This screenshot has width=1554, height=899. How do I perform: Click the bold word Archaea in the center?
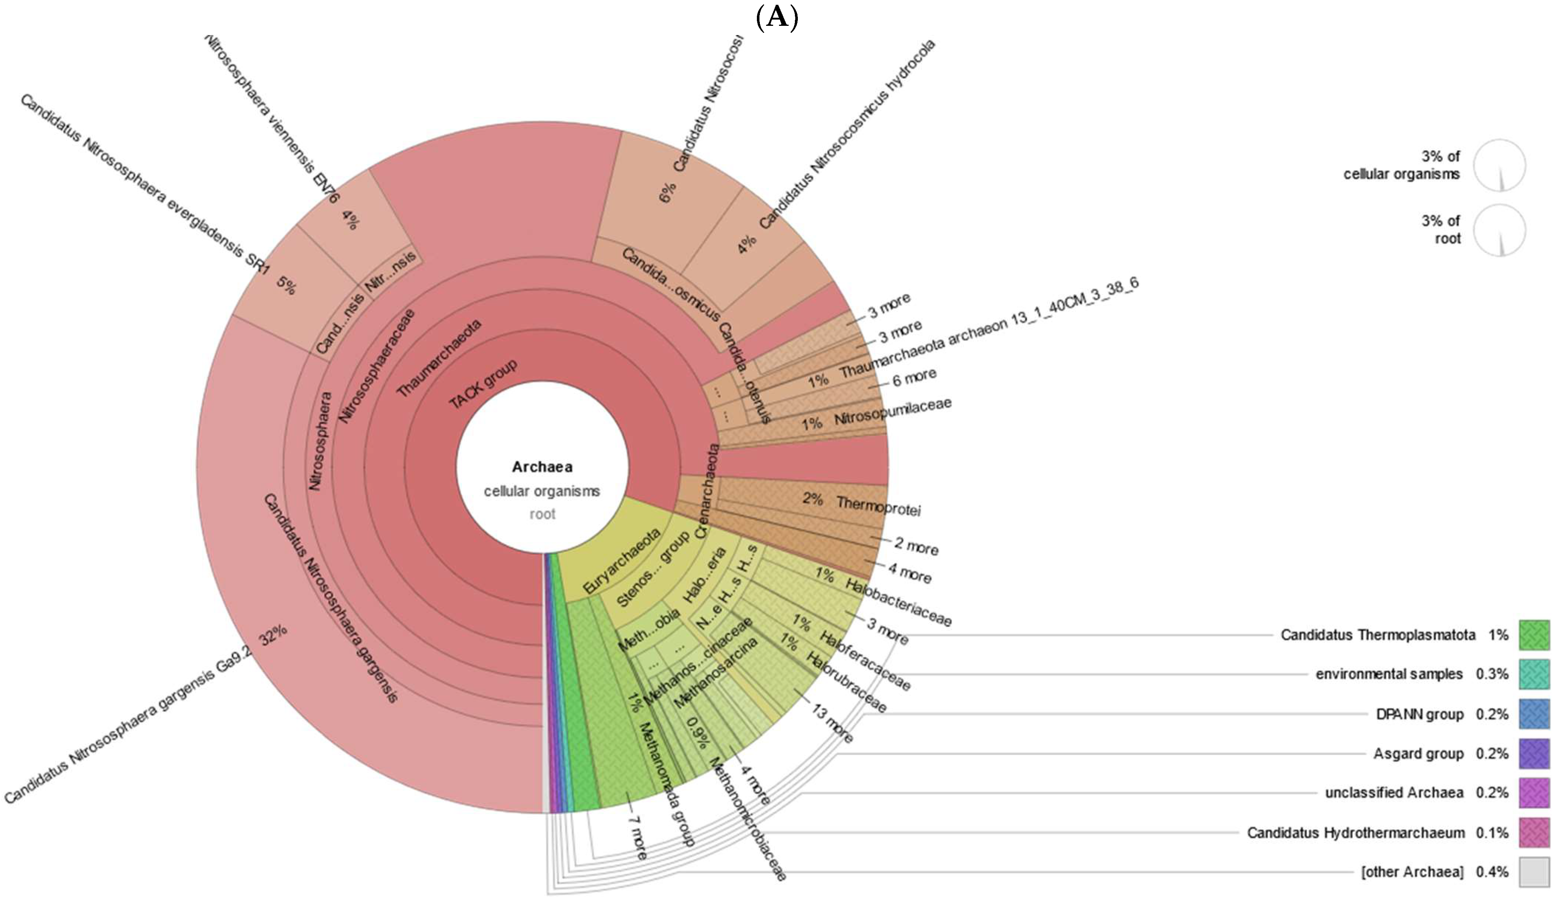(542, 467)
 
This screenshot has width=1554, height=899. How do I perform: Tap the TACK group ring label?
(483, 384)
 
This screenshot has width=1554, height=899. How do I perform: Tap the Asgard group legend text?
(1418, 754)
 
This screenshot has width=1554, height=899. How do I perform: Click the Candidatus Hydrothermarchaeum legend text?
(1355, 833)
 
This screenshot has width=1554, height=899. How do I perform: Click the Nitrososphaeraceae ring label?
(378, 365)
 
